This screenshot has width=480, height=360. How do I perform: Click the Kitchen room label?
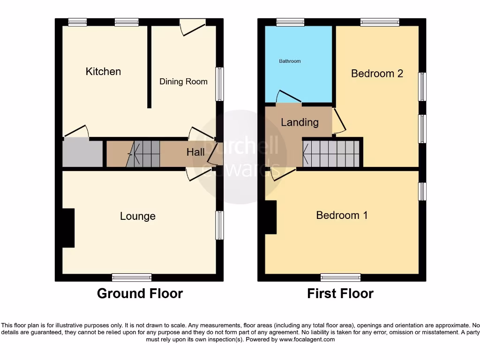click(103, 72)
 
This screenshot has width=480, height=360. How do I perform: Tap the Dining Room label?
click(183, 82)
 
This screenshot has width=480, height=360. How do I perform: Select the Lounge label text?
click(137, 216)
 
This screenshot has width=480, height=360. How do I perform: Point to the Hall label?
click(195, 152)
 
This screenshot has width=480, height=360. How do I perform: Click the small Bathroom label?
click(290, 61)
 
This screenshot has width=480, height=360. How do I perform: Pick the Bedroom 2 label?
click(377, 74)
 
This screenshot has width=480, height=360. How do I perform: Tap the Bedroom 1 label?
click(342, 215)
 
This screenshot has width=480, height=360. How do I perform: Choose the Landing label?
click(300, 122)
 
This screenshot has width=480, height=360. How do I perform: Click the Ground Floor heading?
click(140, 294)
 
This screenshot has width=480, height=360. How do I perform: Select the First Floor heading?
click(340, 294)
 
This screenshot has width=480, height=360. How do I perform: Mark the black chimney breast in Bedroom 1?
click(270, 217)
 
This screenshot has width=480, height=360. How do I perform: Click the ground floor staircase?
click(143, 154)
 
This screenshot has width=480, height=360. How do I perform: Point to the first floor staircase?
click(331, 153)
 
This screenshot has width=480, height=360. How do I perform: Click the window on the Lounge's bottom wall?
click(132, 277)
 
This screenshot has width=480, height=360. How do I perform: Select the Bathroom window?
click(290, 22)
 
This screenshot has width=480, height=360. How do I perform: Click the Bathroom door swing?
click(288, 97)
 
